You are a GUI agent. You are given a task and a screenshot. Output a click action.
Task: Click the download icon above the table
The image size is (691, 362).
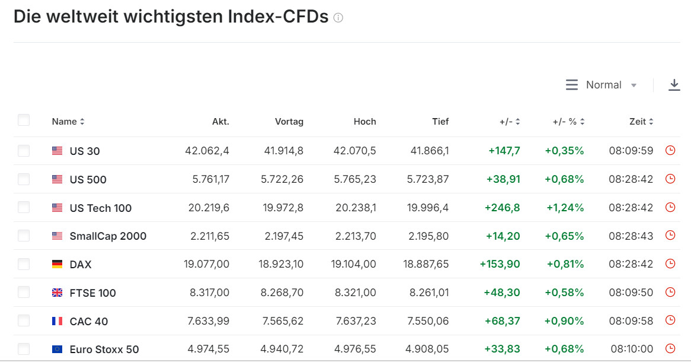pos(674,85)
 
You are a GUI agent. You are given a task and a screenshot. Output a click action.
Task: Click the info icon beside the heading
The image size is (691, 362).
pos(338,18)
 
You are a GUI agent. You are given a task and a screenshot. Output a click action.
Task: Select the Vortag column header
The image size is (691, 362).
pos(289,122)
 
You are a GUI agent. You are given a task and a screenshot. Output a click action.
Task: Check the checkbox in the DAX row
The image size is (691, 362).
pos(24,264)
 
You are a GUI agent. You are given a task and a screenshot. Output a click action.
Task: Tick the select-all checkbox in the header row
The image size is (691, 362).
pos(24,120)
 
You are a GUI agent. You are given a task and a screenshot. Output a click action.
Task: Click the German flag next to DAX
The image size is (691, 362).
pos(57,264)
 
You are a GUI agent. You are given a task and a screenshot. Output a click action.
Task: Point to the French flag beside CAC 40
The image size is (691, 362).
pos(57,321)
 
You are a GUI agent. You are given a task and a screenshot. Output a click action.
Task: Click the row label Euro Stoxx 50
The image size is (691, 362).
pos(104,350)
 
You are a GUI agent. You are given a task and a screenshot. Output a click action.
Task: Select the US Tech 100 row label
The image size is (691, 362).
pos(101,208)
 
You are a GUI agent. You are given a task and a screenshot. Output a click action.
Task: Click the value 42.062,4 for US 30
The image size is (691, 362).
pos(207,151)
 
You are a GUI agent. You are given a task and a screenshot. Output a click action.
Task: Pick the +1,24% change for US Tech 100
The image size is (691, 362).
pos(565,208)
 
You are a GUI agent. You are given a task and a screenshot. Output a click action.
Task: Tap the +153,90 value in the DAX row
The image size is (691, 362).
pos(500,264)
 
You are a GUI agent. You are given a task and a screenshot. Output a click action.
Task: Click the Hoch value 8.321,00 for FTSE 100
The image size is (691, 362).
pos(355,292)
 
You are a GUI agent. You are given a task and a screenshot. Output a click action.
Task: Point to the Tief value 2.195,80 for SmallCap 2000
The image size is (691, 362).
pos(428,236)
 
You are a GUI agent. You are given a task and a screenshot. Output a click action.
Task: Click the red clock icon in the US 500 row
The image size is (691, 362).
pos(670,179)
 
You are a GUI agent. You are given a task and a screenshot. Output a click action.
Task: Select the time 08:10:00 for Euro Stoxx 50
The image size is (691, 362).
pos(632,349)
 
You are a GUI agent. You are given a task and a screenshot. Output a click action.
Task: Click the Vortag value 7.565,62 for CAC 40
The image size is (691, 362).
pos(283,321)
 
